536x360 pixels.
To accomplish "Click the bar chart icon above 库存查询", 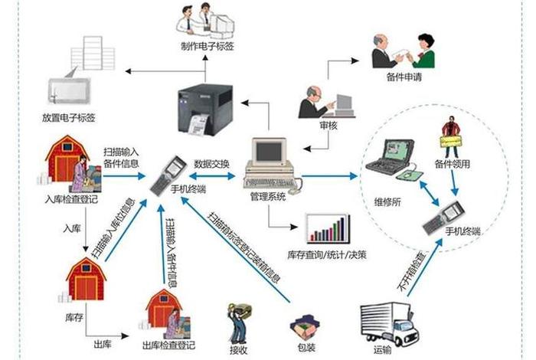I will (x=328, y=227).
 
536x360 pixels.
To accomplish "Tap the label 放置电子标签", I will (x=68, y=119).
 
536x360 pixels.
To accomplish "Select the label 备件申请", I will (x=404, y=78).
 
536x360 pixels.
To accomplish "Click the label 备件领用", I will (x=451, y=163).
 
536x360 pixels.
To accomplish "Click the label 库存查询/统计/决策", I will (x=327, y=254).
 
